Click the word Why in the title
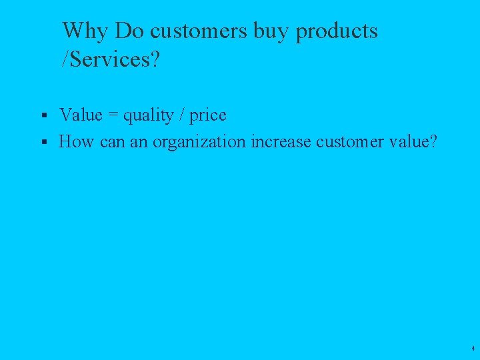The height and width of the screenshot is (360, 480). [x=86, y=31]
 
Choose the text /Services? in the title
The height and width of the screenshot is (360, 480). [x=111, y=60]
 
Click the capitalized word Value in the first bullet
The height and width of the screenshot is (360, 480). [x=81, y=115]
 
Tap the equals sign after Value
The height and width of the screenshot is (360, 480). [x=111, y=116]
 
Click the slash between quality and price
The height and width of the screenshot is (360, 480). [x=181, y=115]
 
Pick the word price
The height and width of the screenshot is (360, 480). [x=208, y=116]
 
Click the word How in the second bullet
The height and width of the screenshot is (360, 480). [x=76, y=141]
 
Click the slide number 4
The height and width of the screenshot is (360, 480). [x=472, y=349]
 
